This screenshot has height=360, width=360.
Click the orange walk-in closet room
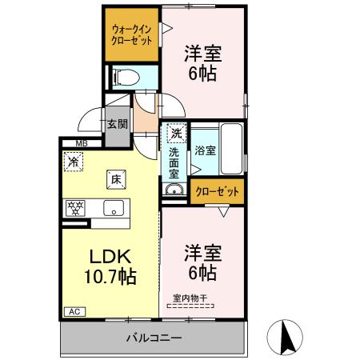(131, 36)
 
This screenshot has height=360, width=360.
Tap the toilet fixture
(124, 78)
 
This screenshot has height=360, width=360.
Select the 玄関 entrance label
(117, 125)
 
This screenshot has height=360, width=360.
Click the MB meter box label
(81, 144)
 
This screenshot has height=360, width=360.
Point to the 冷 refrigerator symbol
(74, 161)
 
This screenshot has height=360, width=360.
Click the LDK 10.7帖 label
(110, 268)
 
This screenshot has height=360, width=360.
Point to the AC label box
(74, 311)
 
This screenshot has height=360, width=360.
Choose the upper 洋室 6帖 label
(202, 62)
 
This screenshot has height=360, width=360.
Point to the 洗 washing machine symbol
(174, 133)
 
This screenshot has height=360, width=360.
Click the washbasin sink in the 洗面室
(174, 190)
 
